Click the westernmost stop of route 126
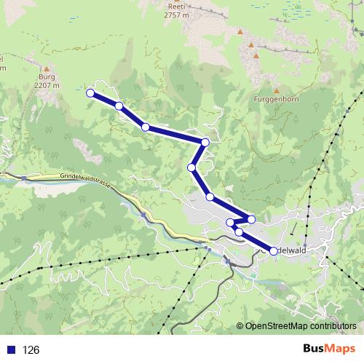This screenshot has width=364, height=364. [x=90, y=92]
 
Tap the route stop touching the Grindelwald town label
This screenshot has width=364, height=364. [x=274, y=250]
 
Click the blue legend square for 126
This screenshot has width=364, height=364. [x=10, y=349]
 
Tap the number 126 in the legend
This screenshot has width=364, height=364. [x=31, y=349]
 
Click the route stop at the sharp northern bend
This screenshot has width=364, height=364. [x=205, y=142]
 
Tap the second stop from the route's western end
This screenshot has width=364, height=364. [x=119, y=106]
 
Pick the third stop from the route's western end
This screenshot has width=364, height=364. [x=146, y=127]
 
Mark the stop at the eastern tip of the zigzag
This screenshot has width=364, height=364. [x=252, y=219]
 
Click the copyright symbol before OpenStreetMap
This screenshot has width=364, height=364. [x=241, y=326]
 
